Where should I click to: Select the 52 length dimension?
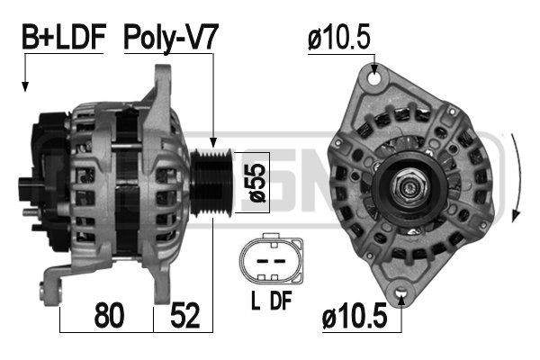[x=185, y=317]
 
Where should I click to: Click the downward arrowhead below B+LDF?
[x=25, y=86]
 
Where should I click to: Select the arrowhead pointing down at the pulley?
[x=213, y=141]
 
